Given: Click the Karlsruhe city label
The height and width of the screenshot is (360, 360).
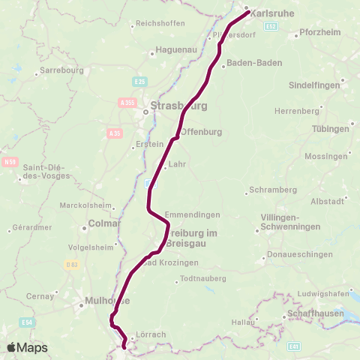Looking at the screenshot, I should [271, 13].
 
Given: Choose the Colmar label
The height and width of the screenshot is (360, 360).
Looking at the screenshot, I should [104, 223].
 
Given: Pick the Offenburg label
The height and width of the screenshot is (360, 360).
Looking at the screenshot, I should [205, 132].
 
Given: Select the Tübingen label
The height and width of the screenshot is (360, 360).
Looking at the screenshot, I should [331, 129].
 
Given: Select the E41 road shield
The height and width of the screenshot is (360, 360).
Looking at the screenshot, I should [294, 346].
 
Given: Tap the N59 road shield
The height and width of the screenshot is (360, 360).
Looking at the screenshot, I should [10, 161].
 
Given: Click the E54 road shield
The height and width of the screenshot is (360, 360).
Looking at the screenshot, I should [28, 322].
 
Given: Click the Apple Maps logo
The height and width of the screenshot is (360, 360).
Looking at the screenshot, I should [27, 347].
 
